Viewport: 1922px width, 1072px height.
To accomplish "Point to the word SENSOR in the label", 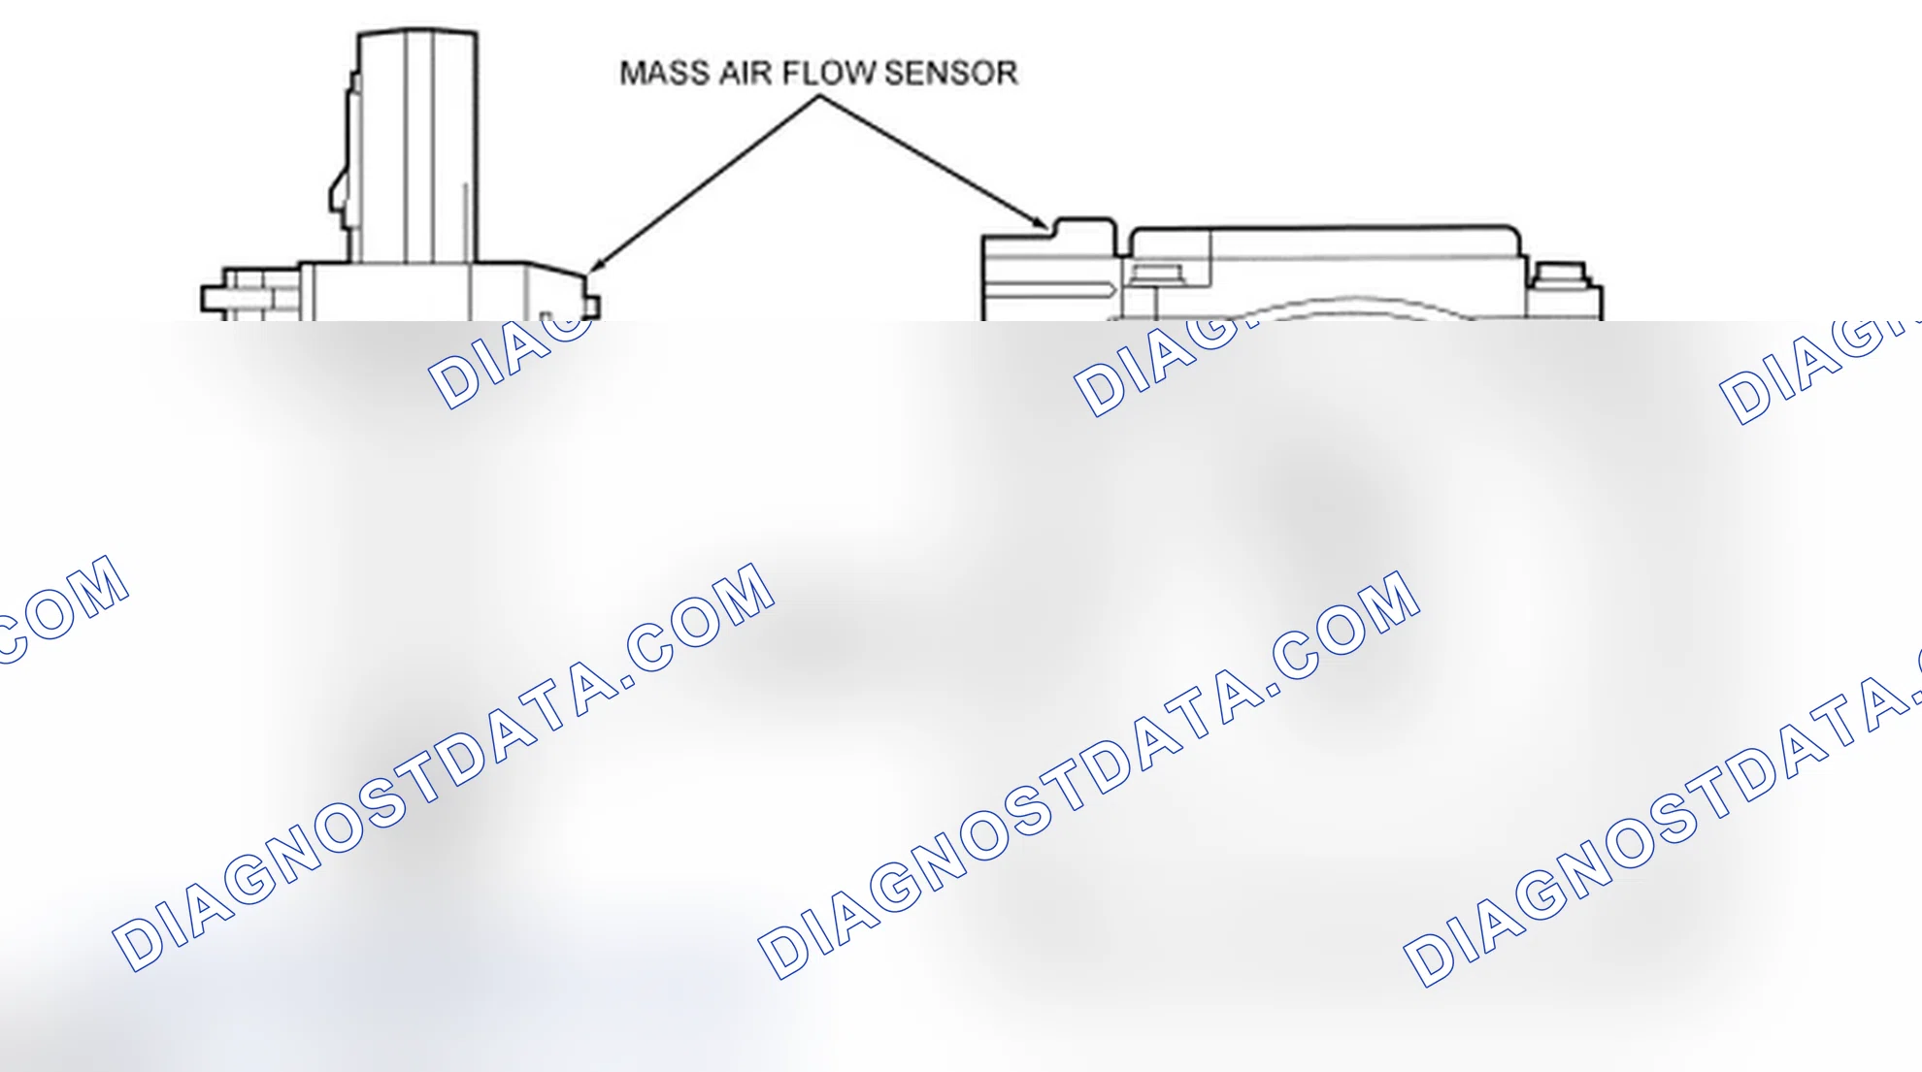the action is point(950,73).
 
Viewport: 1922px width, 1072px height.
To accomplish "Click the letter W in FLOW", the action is point(861,73).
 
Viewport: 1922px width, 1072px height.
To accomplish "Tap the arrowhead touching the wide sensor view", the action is point(1039,222).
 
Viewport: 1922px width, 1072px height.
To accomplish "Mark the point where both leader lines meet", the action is point(820,95).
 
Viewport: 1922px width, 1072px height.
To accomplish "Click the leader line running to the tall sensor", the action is point(705,182).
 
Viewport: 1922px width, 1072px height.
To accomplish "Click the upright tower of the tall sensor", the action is point(417,146).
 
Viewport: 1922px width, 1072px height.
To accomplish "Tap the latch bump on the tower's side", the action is point(341,189).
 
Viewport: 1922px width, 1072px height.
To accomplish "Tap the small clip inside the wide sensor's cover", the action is point(1157,275).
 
